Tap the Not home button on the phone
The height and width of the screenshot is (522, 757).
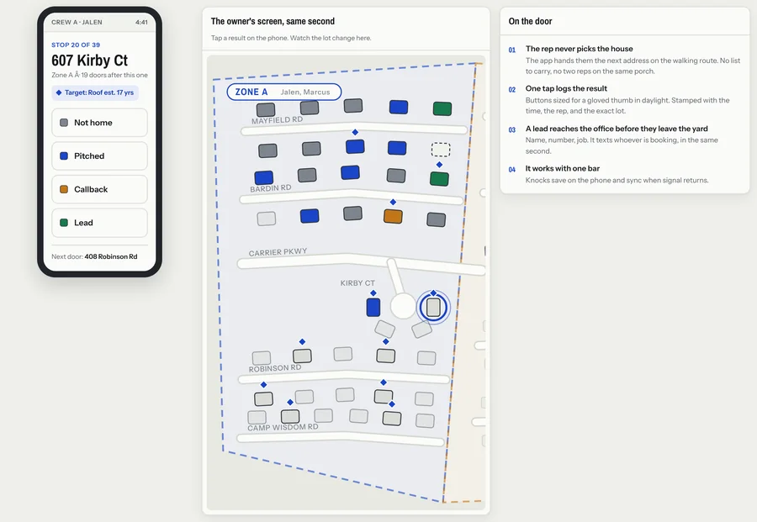99,123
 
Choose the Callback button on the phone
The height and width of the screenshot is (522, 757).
99,189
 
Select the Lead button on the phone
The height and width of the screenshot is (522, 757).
99,223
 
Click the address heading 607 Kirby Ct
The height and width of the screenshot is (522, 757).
90,61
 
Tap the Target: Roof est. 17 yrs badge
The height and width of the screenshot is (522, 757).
95,92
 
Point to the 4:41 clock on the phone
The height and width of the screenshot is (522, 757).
141,22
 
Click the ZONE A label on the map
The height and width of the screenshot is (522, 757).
251,92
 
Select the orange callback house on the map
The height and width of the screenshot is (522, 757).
393,216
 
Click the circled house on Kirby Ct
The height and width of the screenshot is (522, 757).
433,308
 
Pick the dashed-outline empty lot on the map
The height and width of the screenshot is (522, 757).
440,150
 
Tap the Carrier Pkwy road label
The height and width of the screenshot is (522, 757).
278,252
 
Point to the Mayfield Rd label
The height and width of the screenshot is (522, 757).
277,120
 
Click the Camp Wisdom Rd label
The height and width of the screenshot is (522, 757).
283,428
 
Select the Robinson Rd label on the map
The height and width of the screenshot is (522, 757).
275,368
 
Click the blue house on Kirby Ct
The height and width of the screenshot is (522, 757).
373,308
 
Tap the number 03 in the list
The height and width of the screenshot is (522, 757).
511,129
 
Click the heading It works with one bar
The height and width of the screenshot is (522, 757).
563,168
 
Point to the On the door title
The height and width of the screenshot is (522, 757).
530,21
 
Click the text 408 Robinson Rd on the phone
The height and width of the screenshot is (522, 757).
111,256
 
